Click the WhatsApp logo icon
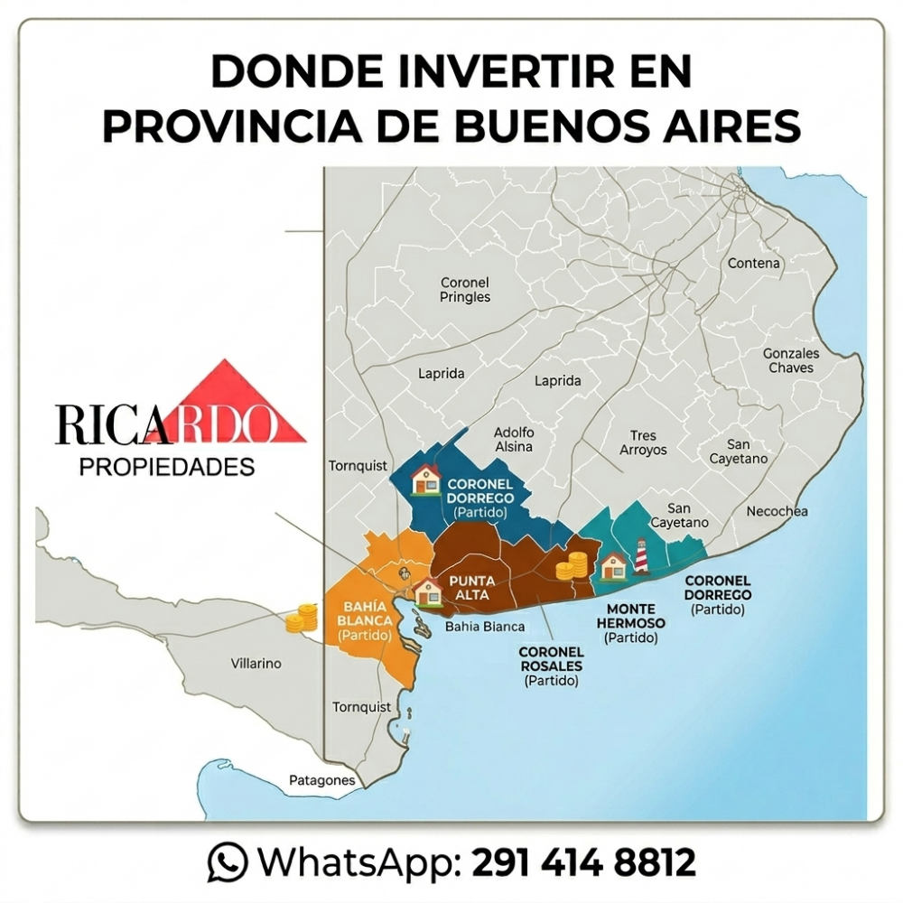coord(227,861)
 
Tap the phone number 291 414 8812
coord(584,861)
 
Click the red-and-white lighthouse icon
coord(641,556)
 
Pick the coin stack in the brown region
coord(571,565)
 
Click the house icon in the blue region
coord(424,479)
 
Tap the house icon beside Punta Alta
coord(427,592)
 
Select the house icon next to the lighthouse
coord(614,566)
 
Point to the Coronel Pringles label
coord(465,290)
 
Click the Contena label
coord(754,264)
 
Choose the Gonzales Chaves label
coord(791,360)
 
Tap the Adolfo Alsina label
coord(514,439)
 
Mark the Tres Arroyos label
coord(643,442)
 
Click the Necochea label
coord(777,511)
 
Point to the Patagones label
coord(321,780)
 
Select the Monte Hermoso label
coord(631,617)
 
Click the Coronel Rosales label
coord(551,658)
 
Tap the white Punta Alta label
coord(471,588)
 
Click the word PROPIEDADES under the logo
coord(167,467)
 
